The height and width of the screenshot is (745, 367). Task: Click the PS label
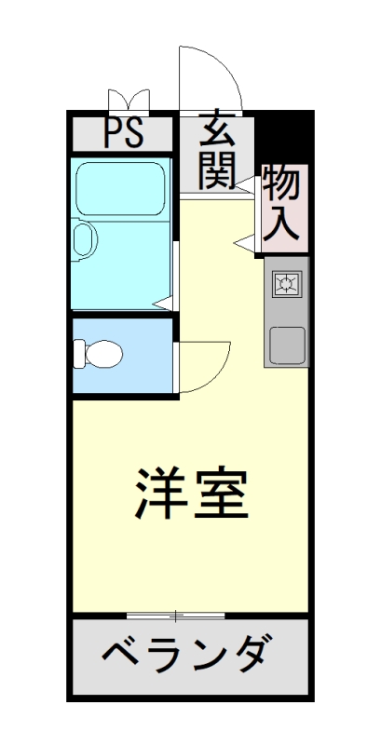pos(123,134)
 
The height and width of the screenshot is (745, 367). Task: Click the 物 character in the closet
pos(281,183)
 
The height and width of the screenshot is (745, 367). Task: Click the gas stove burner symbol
pos(286,283)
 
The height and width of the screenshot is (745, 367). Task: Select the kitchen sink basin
pos(286,345)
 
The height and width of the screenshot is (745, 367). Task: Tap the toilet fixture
pos(99,354)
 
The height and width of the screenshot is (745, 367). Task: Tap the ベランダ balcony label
pos(188,656)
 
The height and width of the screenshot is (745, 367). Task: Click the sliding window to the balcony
pos(175,615)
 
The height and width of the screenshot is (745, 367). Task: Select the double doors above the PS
pos(129,99)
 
